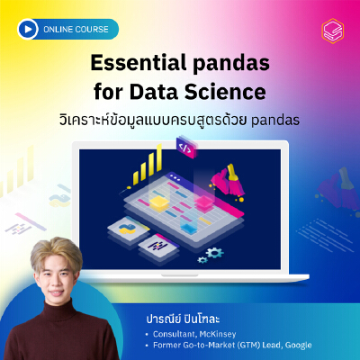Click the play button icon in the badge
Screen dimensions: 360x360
coord(28,29)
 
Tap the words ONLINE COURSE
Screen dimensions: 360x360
coord(76,30)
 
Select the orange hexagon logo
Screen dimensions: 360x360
coord(333,31)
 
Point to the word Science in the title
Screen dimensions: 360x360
coord(225,92)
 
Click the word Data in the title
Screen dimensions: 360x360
coord(154,92)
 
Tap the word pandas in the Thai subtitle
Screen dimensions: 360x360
coord(275,121)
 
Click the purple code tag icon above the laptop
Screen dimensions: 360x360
coord(186,147)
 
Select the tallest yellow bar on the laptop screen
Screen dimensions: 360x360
coord(159,157)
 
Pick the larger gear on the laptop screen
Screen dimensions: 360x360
coord(214,253)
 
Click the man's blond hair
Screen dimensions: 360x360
coord(56,252)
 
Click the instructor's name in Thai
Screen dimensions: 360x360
coord(183,319)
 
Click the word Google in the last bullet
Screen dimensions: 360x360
coord(298,346)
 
